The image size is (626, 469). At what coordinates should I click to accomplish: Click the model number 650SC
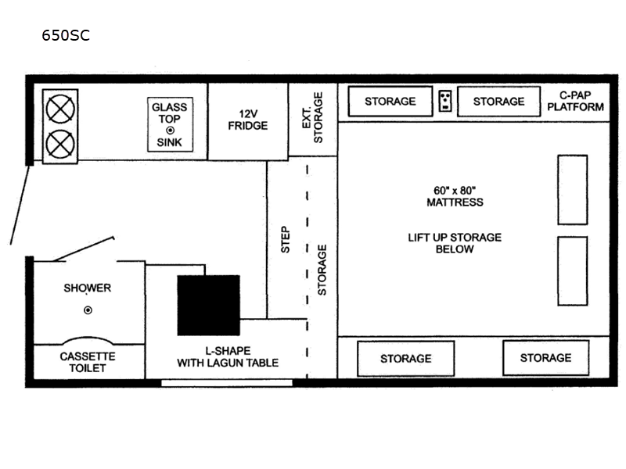pos(66,35)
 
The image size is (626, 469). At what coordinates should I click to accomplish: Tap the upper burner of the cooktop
pos(59,109)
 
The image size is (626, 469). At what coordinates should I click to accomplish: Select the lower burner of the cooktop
pos(59,144)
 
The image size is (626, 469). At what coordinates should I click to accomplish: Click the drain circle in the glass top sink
pos(170,130)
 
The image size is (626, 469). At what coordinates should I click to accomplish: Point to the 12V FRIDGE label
pos(247,120)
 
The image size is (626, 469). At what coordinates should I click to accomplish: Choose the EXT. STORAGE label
pos(312,118)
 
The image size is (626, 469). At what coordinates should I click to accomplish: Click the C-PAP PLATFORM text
pos(575,101)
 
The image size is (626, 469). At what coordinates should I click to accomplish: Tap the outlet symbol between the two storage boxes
pos(444,101)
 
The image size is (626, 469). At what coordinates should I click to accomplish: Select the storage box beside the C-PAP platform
pos(498,102)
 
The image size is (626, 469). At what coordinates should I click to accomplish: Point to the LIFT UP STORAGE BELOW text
pos(455,243)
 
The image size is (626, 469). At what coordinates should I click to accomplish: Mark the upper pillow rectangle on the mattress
pos(572,190)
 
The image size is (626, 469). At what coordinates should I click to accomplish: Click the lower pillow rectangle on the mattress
pos(572,270)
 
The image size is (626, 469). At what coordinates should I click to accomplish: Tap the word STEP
pos(286,239)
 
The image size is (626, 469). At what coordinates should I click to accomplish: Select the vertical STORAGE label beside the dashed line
pos(322,270)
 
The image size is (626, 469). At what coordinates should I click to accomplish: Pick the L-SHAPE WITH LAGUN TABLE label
pos(227,356)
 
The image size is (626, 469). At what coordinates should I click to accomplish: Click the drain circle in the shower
pos(88,310)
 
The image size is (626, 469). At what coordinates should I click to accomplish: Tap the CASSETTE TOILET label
pos(88,361)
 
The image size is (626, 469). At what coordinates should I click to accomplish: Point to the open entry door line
pos(20,205)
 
